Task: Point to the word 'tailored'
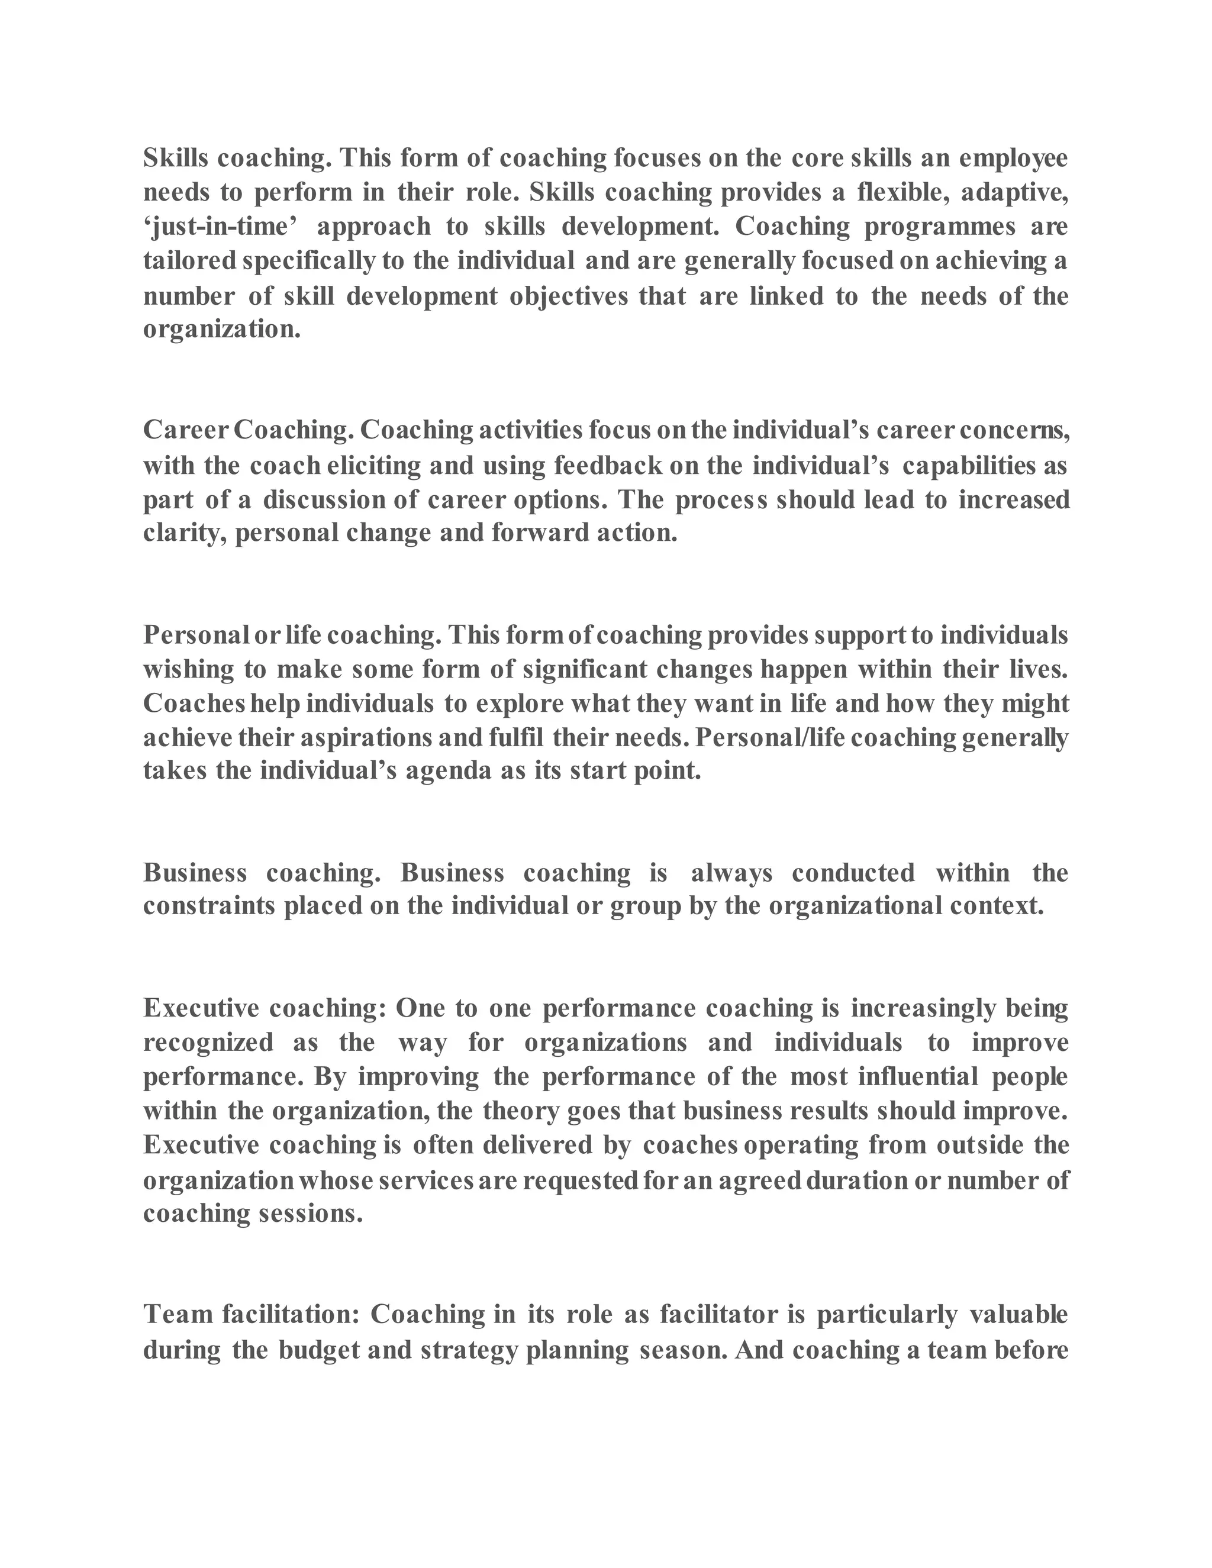(x=189, y=260)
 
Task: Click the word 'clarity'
(x=185, y=533)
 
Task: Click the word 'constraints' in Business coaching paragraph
(x=209, y=906)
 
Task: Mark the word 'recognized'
(x=208, y=1042)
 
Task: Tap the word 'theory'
(x=521, y=1111)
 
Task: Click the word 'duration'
(x=858, y=1180)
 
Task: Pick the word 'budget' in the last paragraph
(x=319, y=1350)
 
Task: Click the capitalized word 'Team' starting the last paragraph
(x=178, y=1315)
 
